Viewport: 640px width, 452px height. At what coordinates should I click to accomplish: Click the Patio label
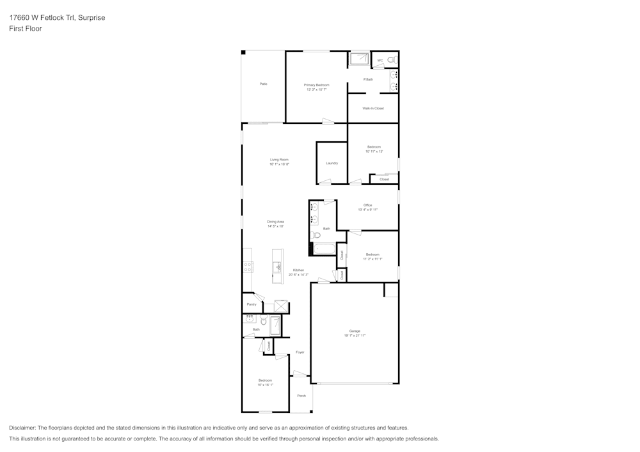coord(263,84)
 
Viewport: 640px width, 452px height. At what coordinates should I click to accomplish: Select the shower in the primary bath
coord(359,59)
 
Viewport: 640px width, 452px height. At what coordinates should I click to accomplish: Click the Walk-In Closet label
coord(373,109)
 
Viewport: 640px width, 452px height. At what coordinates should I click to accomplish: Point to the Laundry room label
coord(332,163)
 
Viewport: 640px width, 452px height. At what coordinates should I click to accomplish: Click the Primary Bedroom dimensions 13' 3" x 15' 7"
coord(316,90)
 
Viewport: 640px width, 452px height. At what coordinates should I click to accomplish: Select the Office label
coord(367,205)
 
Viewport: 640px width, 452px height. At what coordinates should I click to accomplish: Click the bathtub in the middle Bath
coord(324,249)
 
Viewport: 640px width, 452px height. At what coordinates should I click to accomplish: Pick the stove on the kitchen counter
coord(247,268)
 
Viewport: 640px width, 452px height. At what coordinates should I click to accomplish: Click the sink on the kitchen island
coord(278,267)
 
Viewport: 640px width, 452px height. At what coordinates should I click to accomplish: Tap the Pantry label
coord(251,304)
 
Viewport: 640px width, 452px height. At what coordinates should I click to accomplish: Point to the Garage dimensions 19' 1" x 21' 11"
coord(355,336)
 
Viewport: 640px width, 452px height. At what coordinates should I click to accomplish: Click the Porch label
coord(301,396)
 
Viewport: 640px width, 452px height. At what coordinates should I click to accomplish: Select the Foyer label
coord(300,352)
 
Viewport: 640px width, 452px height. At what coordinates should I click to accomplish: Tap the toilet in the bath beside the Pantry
coord(263,321)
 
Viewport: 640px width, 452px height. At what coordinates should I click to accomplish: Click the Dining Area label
coord(275,222)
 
